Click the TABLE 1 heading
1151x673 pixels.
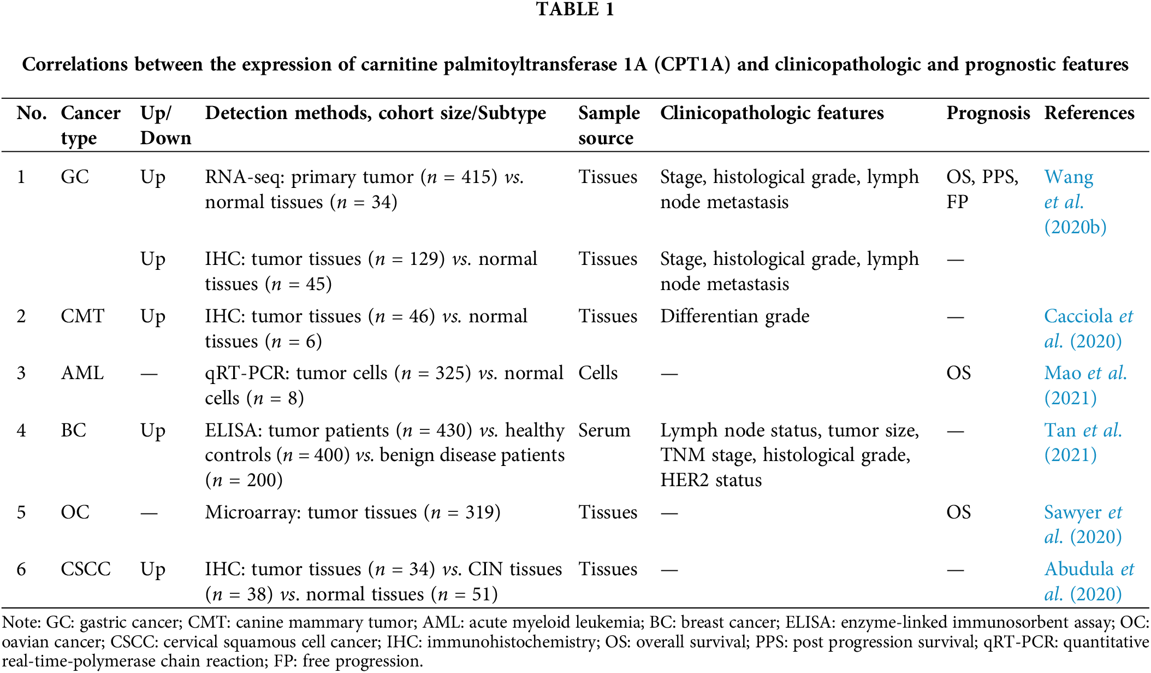point(575,10)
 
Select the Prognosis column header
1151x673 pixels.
point(988,113)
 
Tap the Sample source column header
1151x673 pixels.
point(609,125)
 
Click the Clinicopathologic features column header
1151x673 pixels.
point(772,113)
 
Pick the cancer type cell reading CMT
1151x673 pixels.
point(82,316)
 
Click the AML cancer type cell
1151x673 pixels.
point(82,373)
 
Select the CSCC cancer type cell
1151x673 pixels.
point(86,569)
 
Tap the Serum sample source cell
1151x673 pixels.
point(604,430)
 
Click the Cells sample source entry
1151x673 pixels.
point(598,373)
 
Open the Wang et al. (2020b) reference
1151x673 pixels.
point(1075,202)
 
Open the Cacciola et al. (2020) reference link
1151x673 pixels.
point(1088,328)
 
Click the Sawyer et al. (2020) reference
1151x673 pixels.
point(1083,524)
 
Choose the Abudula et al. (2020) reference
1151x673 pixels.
point(1088,581)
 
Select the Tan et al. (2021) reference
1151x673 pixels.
point(1083,442)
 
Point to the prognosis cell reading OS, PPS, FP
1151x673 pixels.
point(982,189)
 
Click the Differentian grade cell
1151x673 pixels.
point(734,316)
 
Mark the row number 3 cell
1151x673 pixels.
point(21,373)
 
